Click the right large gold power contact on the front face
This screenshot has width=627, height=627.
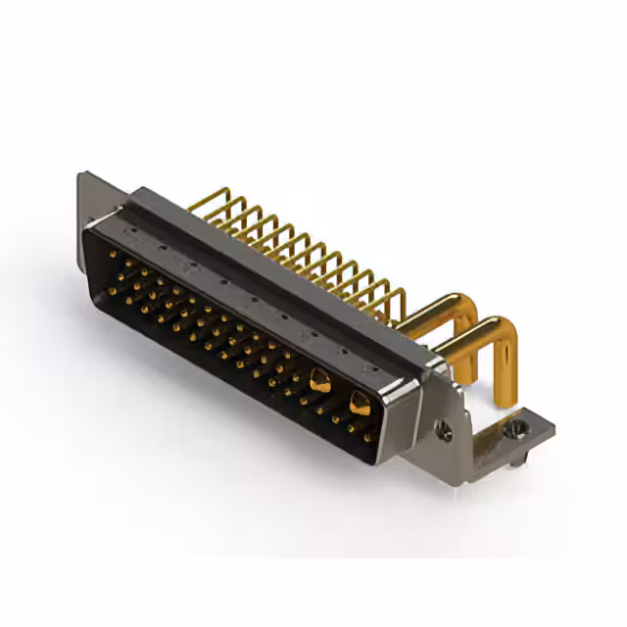click(x=360, y=402)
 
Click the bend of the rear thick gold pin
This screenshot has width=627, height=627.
click(x=471, y=305)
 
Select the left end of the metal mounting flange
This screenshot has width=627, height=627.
click(x=85, y=196)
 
